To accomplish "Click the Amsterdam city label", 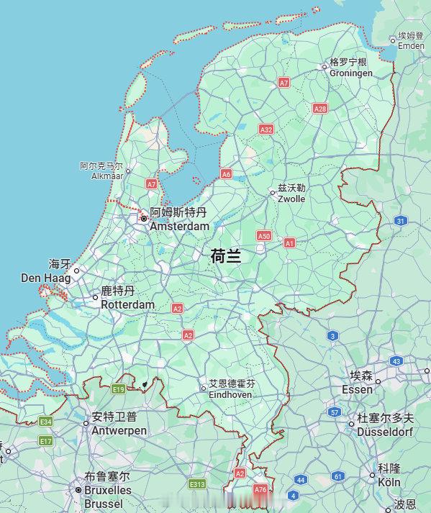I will pos(179,226).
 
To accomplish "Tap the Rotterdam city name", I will pos(127,304).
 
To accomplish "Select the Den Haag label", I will pos(46,278).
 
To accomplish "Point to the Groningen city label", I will pos(351,73).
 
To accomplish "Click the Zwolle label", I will pos(291,199).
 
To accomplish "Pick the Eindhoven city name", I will pos(230,395).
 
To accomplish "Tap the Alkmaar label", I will pos(102,176).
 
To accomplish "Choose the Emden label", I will pos(411,45).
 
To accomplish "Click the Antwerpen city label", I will pos(119,430).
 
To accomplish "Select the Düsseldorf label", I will pos(385,432).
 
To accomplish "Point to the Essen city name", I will pos(357,389).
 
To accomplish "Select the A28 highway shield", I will pos(320,108).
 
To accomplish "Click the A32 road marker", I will pos(266,130).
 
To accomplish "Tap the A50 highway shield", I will pos(264,235).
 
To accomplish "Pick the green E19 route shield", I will pos(119,389).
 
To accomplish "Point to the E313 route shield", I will pos(197,484).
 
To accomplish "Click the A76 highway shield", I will pos(260,489).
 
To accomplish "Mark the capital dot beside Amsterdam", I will pos(143,218).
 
